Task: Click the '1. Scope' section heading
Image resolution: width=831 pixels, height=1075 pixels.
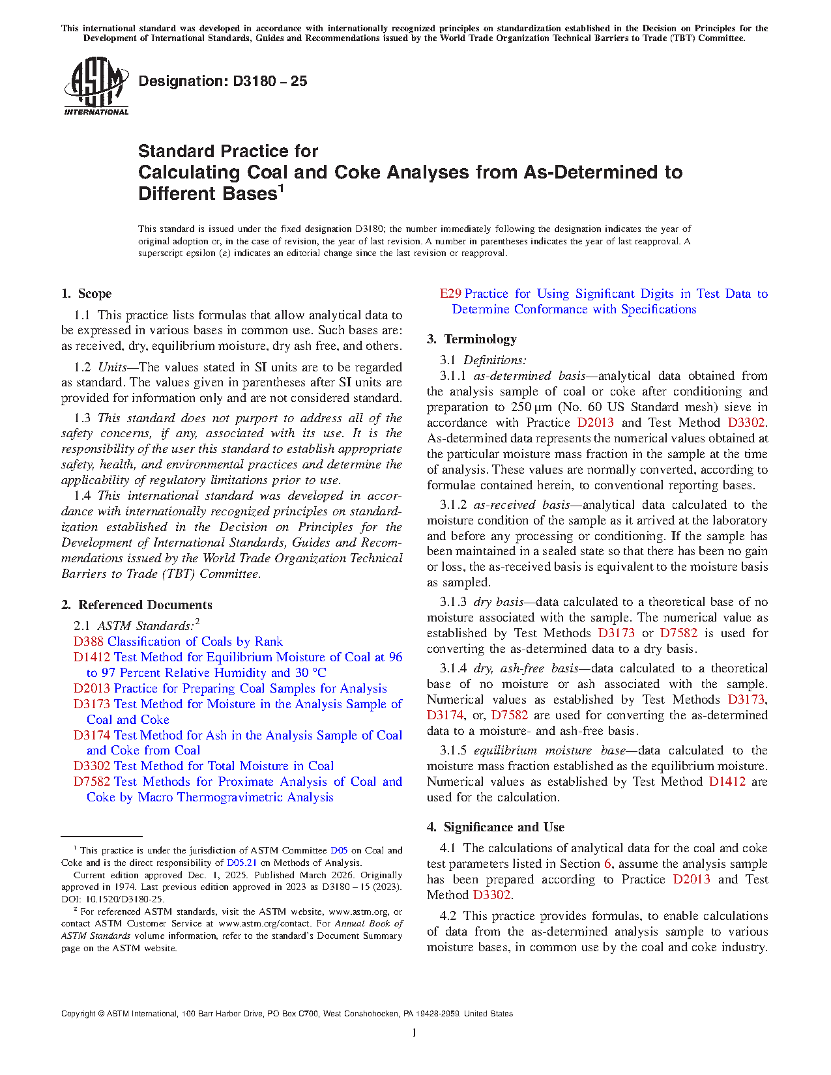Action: point(86,294)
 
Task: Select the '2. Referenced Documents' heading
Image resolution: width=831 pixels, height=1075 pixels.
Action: point(137,605)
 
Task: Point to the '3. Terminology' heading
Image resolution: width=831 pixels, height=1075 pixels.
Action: point(472,339)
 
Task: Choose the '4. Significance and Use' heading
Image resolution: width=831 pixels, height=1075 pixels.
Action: point(495,827)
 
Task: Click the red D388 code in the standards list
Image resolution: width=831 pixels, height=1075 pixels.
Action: point(89,642)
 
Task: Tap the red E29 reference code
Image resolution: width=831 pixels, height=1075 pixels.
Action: point(450,294)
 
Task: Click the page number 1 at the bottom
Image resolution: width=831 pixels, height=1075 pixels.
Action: point(415,1032)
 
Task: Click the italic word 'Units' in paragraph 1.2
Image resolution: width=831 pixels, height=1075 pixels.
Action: point(112,367)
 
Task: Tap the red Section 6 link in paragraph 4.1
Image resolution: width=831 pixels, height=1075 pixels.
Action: point(607,864)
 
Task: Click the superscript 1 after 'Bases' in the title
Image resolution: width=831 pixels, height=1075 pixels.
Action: point(281,188)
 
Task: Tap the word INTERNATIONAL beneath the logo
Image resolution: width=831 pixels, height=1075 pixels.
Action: point(96,112)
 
